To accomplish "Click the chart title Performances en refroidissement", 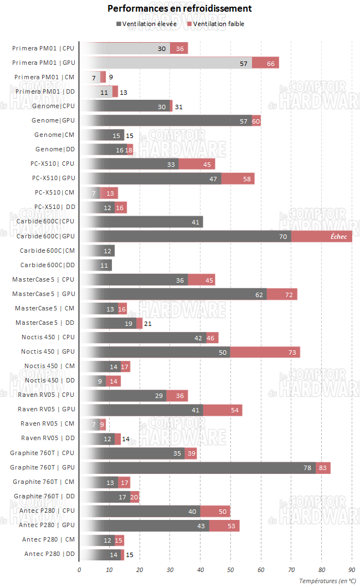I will click(179, 9).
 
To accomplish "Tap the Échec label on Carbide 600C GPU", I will click(338, 236).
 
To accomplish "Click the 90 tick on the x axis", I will click(352, 569).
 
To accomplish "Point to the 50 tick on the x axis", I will click(230, 569).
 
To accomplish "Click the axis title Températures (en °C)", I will click(327, 580).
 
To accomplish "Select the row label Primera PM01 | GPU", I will click(44, 63).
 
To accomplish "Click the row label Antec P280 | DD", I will click(49, 554).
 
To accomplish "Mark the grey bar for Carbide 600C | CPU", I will click(141, 222).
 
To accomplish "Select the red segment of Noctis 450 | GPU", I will click(265, 351).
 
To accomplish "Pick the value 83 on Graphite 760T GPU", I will click(323, 467).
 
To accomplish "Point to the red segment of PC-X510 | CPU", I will click(196, 164).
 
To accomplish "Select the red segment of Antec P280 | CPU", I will click(215, 511).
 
